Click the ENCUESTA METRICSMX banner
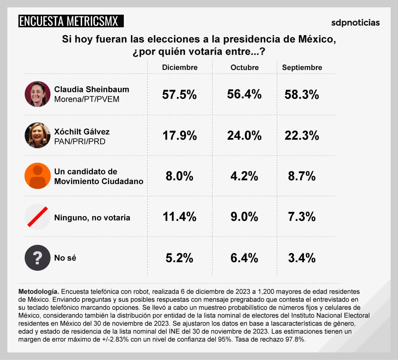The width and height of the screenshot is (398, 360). [71, 21]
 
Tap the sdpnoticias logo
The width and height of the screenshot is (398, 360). [355, 22]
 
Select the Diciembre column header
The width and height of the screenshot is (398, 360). [180, 67]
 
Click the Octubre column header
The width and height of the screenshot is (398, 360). [245, 67]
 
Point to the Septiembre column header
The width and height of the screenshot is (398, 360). [302, 67]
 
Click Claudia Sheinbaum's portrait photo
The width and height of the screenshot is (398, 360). [38, 94]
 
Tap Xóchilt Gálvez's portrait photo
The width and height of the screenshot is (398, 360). [38, 135]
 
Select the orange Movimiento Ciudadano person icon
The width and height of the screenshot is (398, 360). [38, 176]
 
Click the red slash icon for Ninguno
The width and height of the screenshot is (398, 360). [38, 217]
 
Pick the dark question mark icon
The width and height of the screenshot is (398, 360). [38, 258]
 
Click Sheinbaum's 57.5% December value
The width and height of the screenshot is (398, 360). [179, 95]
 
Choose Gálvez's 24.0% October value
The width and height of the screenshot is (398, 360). [244, 136]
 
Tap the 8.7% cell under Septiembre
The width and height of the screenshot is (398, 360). [302, 176]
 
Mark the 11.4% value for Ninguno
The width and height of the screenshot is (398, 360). [179, 217]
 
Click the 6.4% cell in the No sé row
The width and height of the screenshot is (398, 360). [244, 258]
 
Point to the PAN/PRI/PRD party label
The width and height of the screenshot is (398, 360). [80, 141]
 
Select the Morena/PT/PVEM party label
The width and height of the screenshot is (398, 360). [87, 99]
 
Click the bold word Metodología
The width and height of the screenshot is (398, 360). [38, 291]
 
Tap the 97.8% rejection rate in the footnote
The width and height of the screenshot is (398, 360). [294, 339]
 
